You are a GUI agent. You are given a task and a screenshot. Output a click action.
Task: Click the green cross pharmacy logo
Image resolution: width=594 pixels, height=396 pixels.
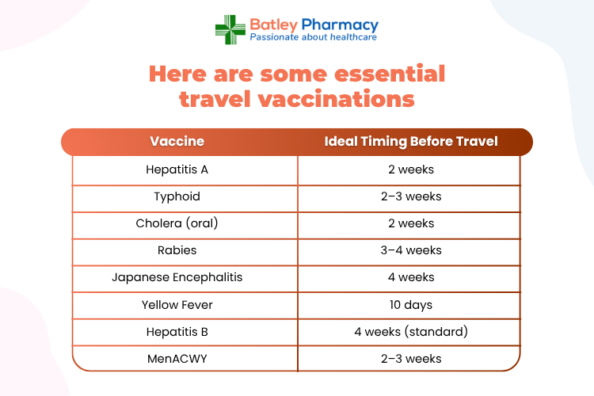tap(230, 29)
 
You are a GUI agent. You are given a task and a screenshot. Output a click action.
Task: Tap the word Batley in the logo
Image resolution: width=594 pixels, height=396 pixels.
tap(273, 25)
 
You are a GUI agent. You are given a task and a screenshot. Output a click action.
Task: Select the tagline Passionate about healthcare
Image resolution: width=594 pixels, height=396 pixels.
tap(314, 37)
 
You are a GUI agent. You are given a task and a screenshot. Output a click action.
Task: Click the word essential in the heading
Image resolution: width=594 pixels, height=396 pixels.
tap(390, 73)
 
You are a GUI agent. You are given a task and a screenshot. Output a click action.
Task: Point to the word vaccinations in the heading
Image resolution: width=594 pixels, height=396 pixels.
tap(337, 99)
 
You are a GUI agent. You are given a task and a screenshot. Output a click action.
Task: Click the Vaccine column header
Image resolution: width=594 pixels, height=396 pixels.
tap(177, 141)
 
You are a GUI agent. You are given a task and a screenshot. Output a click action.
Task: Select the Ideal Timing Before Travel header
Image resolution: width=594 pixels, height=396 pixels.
tap(411, 141)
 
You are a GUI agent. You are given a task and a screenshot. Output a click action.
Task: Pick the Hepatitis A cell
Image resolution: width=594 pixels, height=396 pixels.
tap(177, 169)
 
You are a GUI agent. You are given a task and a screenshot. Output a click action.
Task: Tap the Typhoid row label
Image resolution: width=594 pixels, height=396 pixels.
tap(177, 196)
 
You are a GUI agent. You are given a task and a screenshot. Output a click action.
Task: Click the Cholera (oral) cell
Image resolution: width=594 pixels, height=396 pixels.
tap(177, 223)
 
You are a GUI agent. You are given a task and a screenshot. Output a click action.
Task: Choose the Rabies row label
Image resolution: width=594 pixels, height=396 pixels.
tap(177, 250)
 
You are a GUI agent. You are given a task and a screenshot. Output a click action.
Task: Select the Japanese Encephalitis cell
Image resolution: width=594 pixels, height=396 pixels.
tap(177, 277)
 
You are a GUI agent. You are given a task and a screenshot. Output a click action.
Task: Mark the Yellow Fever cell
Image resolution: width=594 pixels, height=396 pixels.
tap(177, 305)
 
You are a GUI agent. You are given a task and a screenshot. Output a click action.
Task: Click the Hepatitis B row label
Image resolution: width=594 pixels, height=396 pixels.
tap(177, 332)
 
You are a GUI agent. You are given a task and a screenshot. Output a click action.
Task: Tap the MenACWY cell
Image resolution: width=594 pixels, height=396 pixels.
tap(177, 359)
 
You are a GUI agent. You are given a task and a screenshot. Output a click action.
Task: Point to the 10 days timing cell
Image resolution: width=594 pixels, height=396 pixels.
tap(411, 305)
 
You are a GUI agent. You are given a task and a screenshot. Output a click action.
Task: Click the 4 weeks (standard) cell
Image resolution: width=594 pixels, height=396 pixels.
tap(411, 332)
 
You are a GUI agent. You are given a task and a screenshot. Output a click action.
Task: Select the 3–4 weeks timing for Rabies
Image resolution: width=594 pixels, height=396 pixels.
tap(411, 250)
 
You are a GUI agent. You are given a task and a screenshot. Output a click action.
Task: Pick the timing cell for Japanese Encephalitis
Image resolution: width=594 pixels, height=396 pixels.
tap(411, 277)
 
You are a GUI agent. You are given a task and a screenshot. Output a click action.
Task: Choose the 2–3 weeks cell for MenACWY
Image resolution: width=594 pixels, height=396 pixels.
tap(411, 359)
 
